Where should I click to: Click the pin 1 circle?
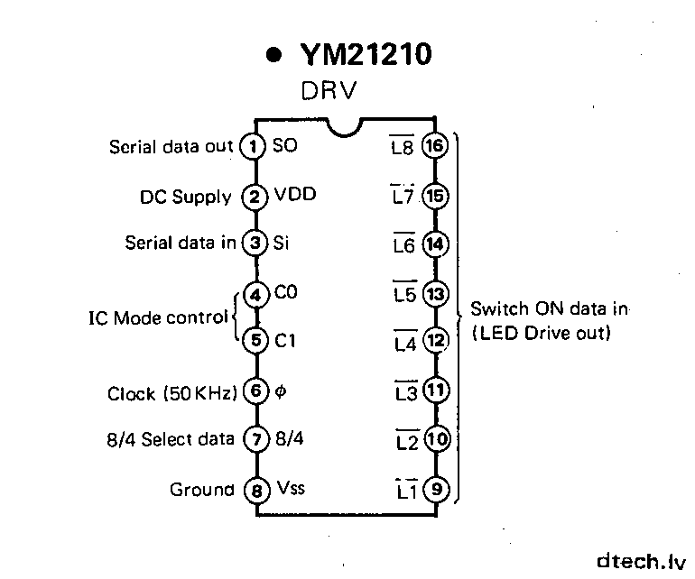[255, 146]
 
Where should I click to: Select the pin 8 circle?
[256, 491]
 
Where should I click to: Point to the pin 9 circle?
[436, 491]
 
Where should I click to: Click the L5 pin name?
[403, 295]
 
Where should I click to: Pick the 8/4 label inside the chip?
[289, 440]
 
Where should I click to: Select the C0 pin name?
[286, 294]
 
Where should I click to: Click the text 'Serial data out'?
[171, 146]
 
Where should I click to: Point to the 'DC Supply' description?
[186, 196]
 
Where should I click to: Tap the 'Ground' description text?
[201, 490]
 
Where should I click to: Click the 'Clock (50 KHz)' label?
[172, 393]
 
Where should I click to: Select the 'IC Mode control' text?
[158, 318]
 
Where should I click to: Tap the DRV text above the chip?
[328, 91]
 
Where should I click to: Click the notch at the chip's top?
[345, 127]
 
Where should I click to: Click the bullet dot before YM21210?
[273, 57]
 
